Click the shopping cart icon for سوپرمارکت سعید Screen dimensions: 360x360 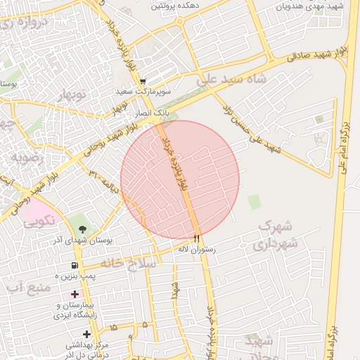pos(143,81)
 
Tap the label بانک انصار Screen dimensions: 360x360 pos(152,112)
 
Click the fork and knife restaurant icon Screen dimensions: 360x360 pos(197,238)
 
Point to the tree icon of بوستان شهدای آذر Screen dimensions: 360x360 pos(84,229)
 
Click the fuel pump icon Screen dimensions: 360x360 pos(74,265)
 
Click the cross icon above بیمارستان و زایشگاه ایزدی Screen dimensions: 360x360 pos(75,293)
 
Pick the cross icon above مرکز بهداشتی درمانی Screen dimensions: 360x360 pos(86,334)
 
